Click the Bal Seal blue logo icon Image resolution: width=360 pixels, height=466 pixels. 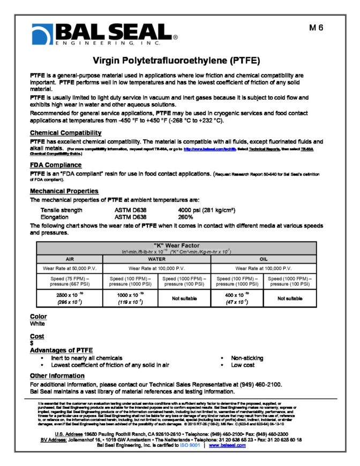(x=42, y=35)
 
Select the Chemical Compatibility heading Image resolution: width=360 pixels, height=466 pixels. (x=65, y=133)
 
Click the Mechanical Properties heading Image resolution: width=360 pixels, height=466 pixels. (x=64, y=191)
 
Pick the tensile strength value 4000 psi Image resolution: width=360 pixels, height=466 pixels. (x=207, y=210)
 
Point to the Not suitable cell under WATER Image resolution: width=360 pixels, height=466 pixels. (x=187, y=297)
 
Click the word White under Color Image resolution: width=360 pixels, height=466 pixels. (x=38, y=324)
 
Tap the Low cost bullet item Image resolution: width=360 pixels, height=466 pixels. (x=243, y=365)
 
